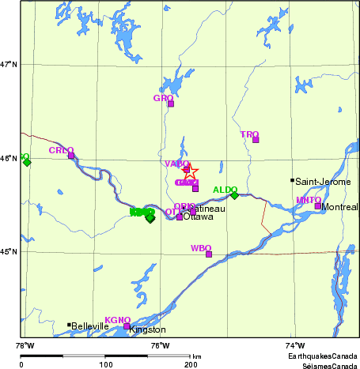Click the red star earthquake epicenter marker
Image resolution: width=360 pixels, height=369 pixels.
(191, 171)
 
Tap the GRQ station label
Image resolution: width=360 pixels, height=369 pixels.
(162, 98)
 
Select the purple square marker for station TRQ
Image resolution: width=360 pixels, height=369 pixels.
(256, 140)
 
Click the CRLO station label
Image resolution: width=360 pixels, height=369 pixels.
(61, 150)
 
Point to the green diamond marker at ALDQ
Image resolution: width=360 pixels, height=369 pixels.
(234, 195)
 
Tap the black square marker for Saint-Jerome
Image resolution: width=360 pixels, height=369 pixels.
(293, 180)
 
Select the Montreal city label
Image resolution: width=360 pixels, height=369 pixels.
(340, 207)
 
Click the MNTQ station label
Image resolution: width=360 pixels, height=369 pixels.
(308, 201)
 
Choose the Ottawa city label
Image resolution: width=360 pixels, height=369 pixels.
(199, 217)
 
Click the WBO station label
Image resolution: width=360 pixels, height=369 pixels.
(200, 248)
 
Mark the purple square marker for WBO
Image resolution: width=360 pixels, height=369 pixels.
(209, 254)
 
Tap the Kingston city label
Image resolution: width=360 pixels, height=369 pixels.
(147, 329)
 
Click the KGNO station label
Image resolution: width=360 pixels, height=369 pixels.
(117, 320)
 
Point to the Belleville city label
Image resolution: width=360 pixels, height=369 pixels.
(89, 326)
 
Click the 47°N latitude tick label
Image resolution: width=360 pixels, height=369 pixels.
(9, 64)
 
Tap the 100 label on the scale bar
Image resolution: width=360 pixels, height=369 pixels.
(105, 365)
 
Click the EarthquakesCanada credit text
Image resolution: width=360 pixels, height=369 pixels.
(322, 357)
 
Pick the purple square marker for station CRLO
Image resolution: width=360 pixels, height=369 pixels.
(71, 156)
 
